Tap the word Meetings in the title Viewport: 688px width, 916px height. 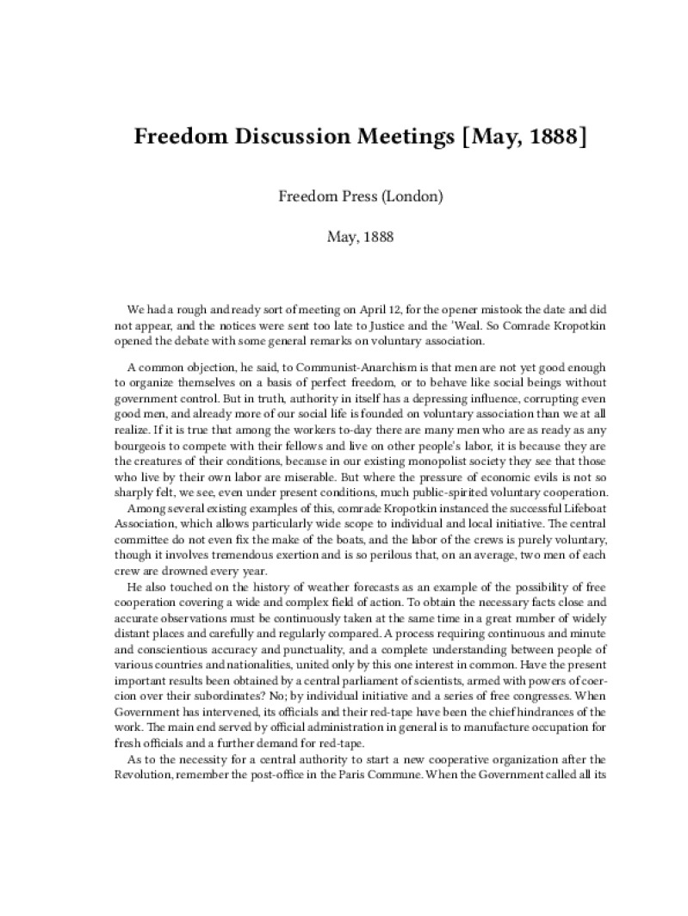click(409, 138)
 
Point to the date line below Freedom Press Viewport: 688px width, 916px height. click(360, 237)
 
